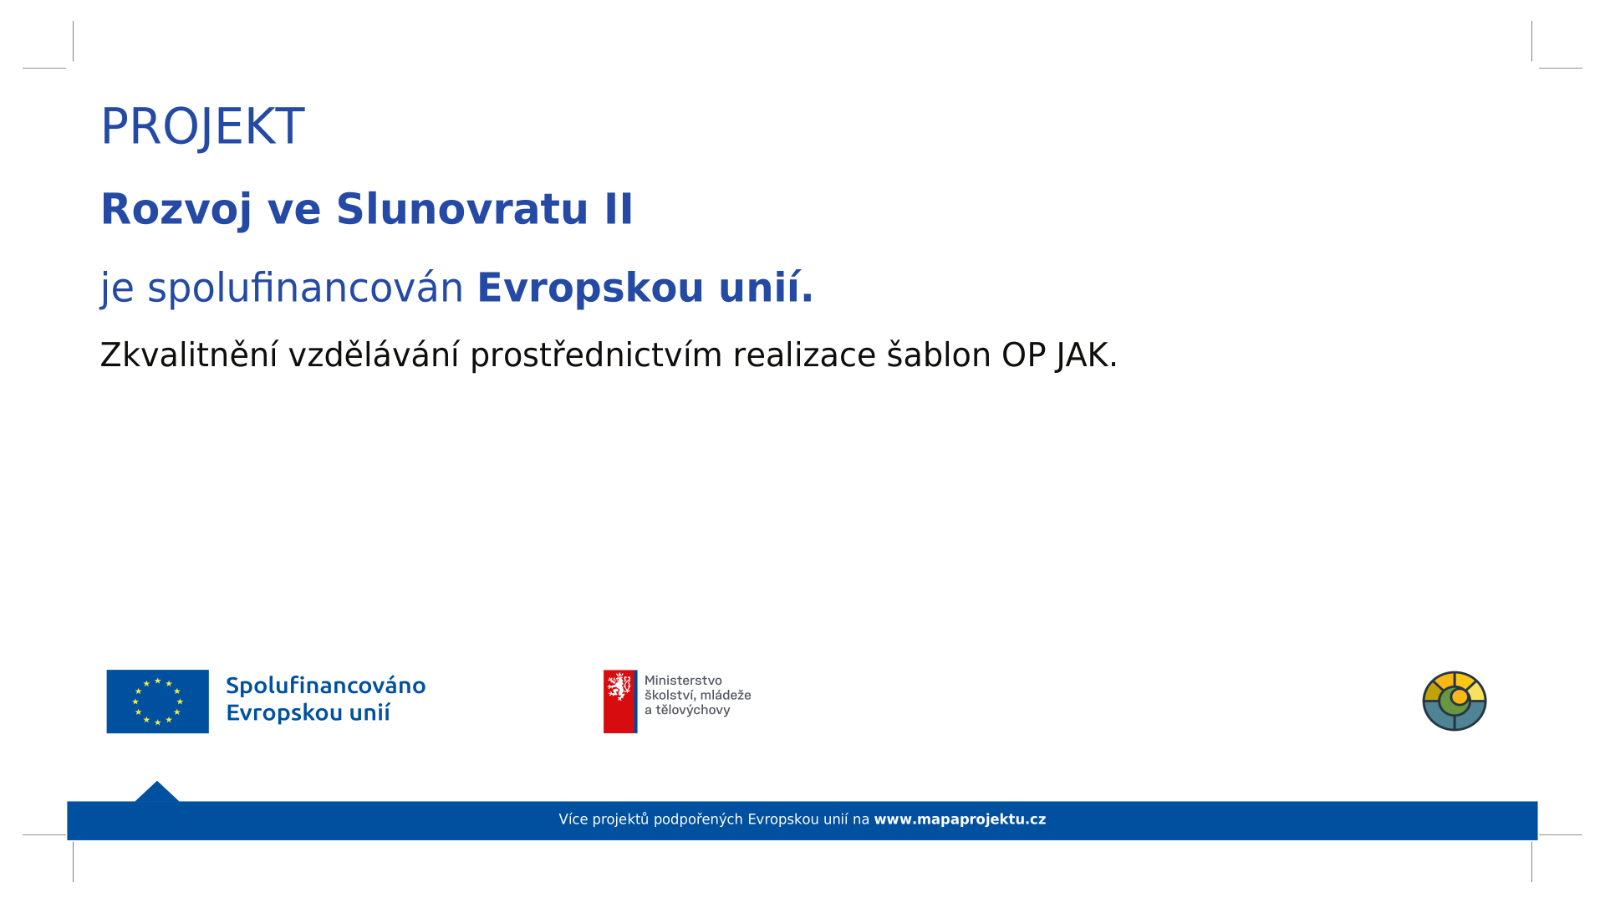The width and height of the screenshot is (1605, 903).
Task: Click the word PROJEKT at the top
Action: click(x=202, y=127)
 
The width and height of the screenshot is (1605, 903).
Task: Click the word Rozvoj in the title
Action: click(x=176, y=210)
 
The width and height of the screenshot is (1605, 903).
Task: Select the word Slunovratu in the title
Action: click(x=462, y=208)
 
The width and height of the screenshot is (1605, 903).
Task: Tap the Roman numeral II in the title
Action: click(x=619, y=208)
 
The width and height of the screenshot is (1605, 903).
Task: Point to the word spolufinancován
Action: click(x=305, y=288)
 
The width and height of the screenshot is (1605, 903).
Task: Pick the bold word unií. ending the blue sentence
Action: click(x=765, y=288)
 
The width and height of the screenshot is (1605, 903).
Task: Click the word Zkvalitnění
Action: click(x=189, y=355)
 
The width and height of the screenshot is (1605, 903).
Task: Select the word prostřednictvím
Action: click(x=596, y=356)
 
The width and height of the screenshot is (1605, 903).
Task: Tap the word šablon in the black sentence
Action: click(x=939, y=355)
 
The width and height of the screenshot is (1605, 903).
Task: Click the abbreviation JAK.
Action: click(x=1087, y=356)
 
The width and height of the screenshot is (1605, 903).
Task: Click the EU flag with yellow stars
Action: click(x=157, y=701)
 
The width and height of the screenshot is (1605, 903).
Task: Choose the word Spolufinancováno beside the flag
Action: click(x=326, y=686)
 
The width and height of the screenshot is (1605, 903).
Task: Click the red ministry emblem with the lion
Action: click(x=620, y=701)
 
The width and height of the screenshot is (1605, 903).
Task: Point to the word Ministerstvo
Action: click(x=683, y=681)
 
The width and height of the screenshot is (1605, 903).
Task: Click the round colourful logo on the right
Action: click(x=1455, y=701)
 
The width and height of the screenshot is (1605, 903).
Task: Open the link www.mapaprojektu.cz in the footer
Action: click(x=960, y=819)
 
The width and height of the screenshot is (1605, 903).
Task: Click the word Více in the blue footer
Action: click(x=573, y=819)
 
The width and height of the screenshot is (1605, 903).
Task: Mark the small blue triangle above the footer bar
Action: click(x=157, y=793)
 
